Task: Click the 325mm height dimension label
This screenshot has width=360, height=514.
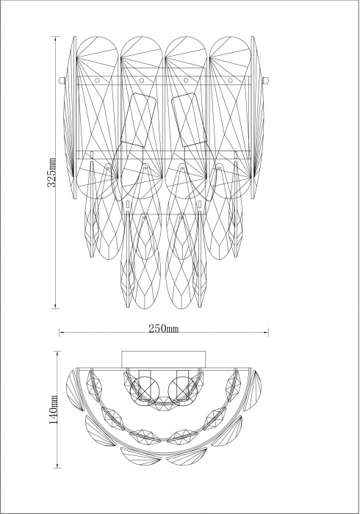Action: (52, 172)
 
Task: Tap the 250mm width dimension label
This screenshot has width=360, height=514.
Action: (164, 328)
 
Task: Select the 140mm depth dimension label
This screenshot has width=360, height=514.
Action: (54, 410)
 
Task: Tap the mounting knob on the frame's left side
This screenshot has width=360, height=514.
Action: (61, 80)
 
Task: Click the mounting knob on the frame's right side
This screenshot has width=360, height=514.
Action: (266, 80)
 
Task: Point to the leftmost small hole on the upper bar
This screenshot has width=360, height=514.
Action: (98, 80)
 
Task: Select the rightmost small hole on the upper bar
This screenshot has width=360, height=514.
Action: (230, 80)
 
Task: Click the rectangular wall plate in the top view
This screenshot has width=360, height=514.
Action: (164, 359)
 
